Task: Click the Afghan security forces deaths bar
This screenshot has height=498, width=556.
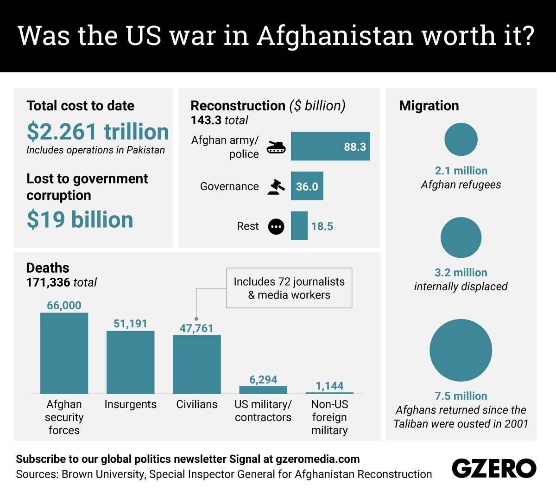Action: click(64, 353)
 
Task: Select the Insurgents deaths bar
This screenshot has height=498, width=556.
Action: click(130, 362)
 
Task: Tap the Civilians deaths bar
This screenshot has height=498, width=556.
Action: click(197, 364)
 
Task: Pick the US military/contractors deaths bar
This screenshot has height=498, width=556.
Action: click(263, 390)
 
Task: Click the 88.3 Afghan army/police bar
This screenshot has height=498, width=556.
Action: click(330, 147)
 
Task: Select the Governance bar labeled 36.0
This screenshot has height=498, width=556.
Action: click(307, 186)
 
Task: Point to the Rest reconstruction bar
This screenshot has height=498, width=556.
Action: click(299, 226)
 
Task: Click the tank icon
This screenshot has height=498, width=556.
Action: click(276, 147)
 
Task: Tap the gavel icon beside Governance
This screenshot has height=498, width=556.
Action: click(276, 186)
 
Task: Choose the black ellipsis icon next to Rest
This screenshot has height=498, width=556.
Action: click(276, 226)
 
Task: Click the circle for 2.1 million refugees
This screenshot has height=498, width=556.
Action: click(461, 139)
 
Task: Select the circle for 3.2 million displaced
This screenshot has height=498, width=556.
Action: click(461, 237)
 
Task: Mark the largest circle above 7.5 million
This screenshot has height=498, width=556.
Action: click(461, 351)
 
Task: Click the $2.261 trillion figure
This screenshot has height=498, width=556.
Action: click(98, 132)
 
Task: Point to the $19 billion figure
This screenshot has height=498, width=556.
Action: click(80, 219)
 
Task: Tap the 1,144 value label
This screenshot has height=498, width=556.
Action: click(329, 386)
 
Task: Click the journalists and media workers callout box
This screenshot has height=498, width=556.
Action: click(289, 288)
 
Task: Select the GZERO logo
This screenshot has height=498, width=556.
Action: click(494, 468)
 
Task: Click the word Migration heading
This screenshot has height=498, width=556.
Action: click(429, 106)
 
